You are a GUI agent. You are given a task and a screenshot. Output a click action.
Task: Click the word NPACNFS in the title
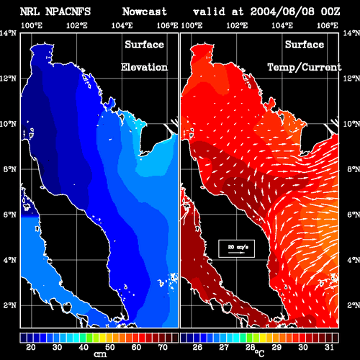[68, 12]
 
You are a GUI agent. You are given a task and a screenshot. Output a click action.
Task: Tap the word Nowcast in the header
[145, 12]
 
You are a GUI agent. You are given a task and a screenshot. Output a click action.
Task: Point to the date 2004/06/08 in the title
[282, 12]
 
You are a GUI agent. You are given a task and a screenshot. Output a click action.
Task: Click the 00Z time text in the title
[330, 12]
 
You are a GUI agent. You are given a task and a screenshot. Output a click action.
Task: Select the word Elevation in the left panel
[144, 67]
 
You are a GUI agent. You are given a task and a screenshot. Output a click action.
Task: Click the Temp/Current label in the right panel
[305, 68]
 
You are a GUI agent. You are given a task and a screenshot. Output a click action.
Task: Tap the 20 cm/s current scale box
[236, 248]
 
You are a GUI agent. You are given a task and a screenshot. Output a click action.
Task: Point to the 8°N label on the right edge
[354, 169]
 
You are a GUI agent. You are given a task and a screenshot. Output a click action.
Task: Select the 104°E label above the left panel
[122, 25]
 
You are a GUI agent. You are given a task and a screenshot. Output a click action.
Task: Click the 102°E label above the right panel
[237, 25]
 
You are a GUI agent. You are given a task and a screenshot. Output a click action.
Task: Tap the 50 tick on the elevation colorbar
[109, 347]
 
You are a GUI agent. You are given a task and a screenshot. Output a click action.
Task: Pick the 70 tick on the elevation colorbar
[163, 347]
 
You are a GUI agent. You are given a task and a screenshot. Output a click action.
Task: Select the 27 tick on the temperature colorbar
[224, 347]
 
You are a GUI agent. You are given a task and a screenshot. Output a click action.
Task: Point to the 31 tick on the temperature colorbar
[329, 347]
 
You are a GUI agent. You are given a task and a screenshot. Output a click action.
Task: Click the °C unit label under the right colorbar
[260, 353]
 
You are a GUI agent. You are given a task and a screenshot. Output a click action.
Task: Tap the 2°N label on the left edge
[10, 305]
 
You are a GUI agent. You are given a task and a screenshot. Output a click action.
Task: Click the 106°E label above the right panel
[328, 25]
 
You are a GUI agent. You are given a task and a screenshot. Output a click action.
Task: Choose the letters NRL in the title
[30, 12]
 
